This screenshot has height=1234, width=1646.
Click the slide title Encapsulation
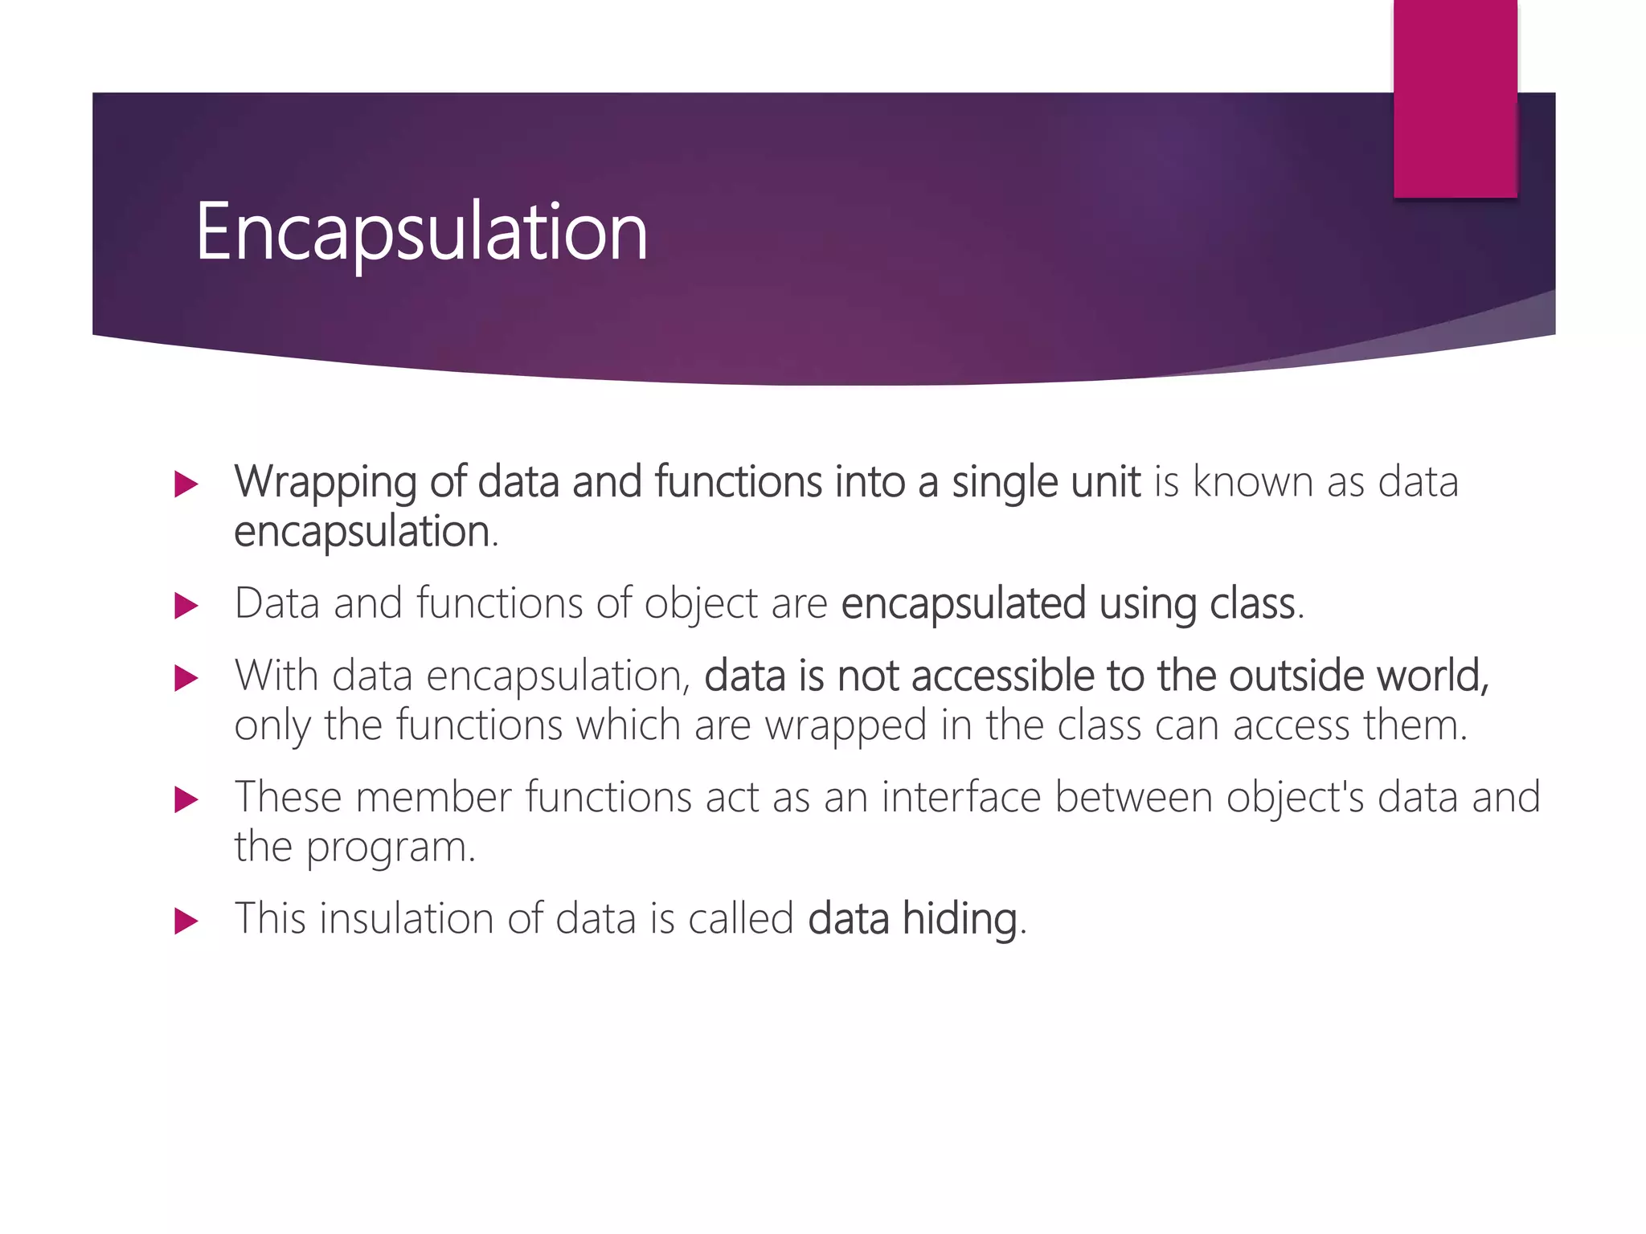coord(421,233)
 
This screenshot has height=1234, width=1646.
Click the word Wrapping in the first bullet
coord(325,483)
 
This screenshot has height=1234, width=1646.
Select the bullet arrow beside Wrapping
coord(186,484)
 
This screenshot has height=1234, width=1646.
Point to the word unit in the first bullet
coord(1108,482)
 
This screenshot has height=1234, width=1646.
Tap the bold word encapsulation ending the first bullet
coord(362,532)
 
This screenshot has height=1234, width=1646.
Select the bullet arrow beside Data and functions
coord(186,606)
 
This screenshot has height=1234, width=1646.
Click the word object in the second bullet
coord(700,604)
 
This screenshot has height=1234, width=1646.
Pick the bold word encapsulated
coord(963,604)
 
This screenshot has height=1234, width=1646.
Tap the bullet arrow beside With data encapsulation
coord(186,678)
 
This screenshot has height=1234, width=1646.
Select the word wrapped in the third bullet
coord(846,726)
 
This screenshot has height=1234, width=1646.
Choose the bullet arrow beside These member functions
coord(186,799)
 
